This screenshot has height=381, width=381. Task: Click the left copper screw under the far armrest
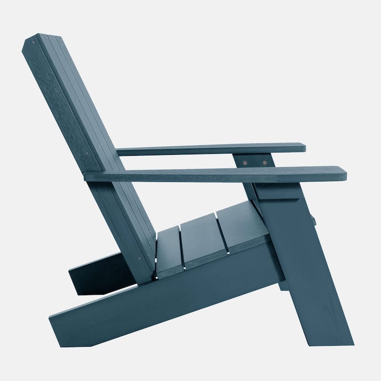pyautogui.click(x=245, y=162)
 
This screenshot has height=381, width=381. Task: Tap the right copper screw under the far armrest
pyautogui.click(x=265, y=162)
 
